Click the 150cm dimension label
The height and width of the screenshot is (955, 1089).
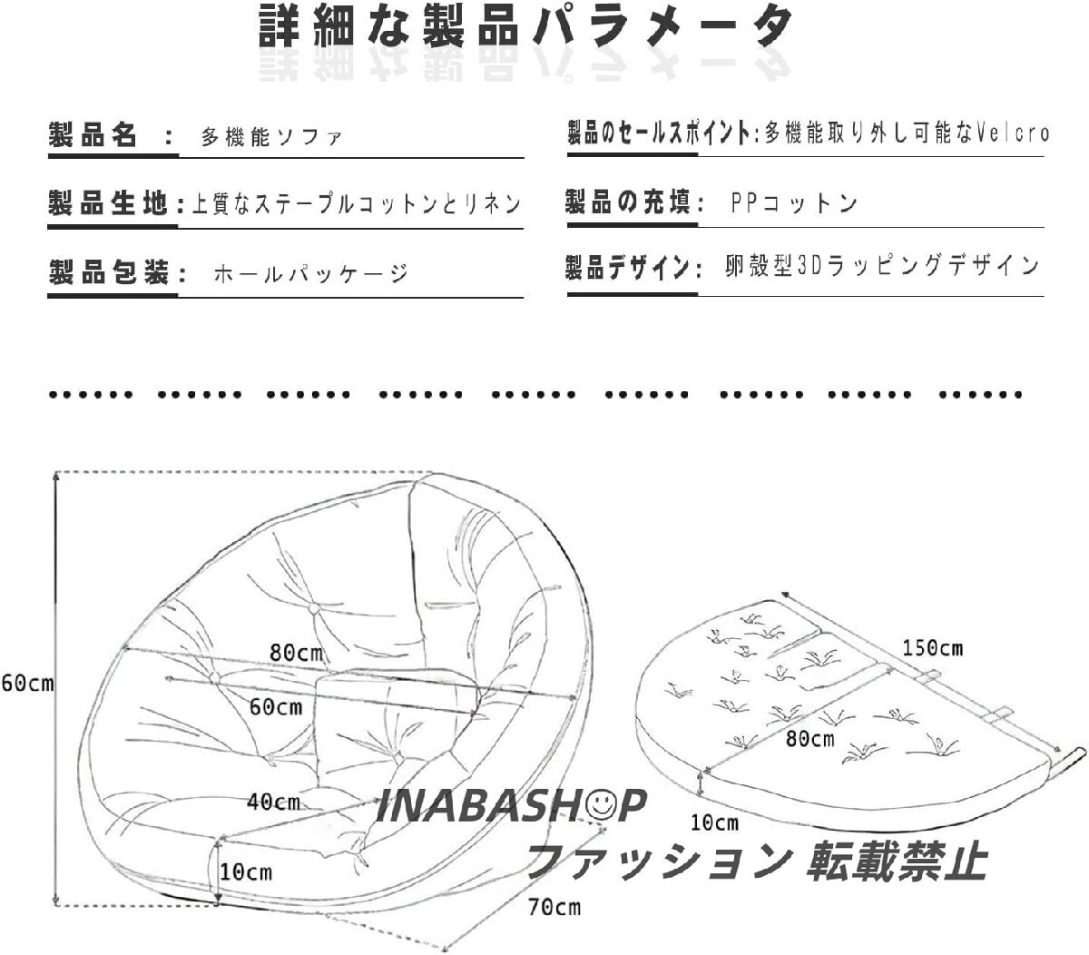click(x=932, y=648)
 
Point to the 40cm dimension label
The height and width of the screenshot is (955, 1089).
click(x=274, y=802)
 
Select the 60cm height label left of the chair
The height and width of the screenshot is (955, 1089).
click(x=27, y=684)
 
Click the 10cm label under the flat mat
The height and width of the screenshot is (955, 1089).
click(x=713, y=823)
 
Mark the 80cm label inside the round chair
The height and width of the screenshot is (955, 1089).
click(x=298, y=652)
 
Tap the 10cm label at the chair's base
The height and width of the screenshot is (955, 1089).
click(x=246, y=872)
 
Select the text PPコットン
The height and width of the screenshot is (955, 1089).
click(x=793, y=202)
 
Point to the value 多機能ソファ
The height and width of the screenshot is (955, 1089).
click(x=271, y=139)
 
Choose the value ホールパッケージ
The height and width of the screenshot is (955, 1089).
click(x=310, y=273)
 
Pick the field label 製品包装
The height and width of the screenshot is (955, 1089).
click(x=108, y=272)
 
